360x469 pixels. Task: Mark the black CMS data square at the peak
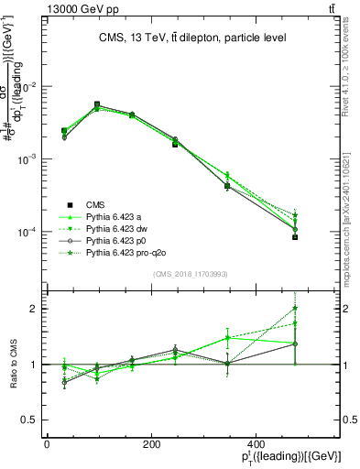coord(96,105)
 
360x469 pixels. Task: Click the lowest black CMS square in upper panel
coord(295,236)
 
